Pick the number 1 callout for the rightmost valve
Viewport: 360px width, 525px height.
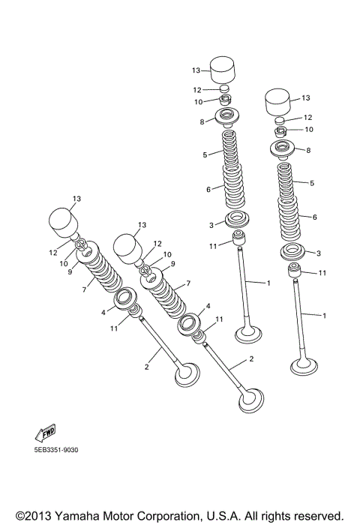point(325,316)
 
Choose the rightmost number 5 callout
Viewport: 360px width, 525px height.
point(313,183)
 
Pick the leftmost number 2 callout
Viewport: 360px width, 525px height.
point(147,367)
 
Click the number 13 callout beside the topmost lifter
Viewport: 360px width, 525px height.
point(195,70)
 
